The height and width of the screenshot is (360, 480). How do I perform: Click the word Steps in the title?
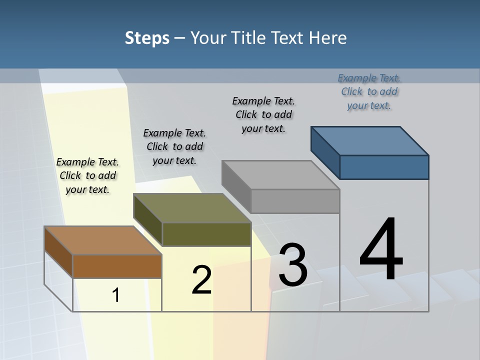[147, 38]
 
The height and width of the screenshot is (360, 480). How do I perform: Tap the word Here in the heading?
[328, 38]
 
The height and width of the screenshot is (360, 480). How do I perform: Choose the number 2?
[201, 280]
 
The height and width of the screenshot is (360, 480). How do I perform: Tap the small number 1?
[116, 295]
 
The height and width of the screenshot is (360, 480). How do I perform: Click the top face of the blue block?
[370, 140]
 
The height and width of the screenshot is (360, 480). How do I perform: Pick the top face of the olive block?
[192, 208]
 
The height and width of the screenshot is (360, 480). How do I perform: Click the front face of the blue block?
[384, 167]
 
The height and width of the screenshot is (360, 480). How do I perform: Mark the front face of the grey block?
[295, 201]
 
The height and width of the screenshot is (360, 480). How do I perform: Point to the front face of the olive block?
[206, 234]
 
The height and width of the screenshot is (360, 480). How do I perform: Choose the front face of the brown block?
[117, 266]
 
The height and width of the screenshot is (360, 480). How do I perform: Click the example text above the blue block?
[369, 91]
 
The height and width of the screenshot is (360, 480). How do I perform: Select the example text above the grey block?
[263, 114]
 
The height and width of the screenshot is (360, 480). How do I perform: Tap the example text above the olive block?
[174, 146]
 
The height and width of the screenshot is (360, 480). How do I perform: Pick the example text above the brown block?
[87, 175]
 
